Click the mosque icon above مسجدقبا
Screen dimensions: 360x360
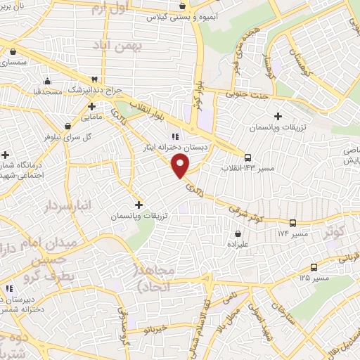(46, 79)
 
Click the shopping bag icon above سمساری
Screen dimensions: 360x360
(13, 51)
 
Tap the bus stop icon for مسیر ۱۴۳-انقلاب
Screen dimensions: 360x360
(248, 157)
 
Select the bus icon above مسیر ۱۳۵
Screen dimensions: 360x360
(314, 266)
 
